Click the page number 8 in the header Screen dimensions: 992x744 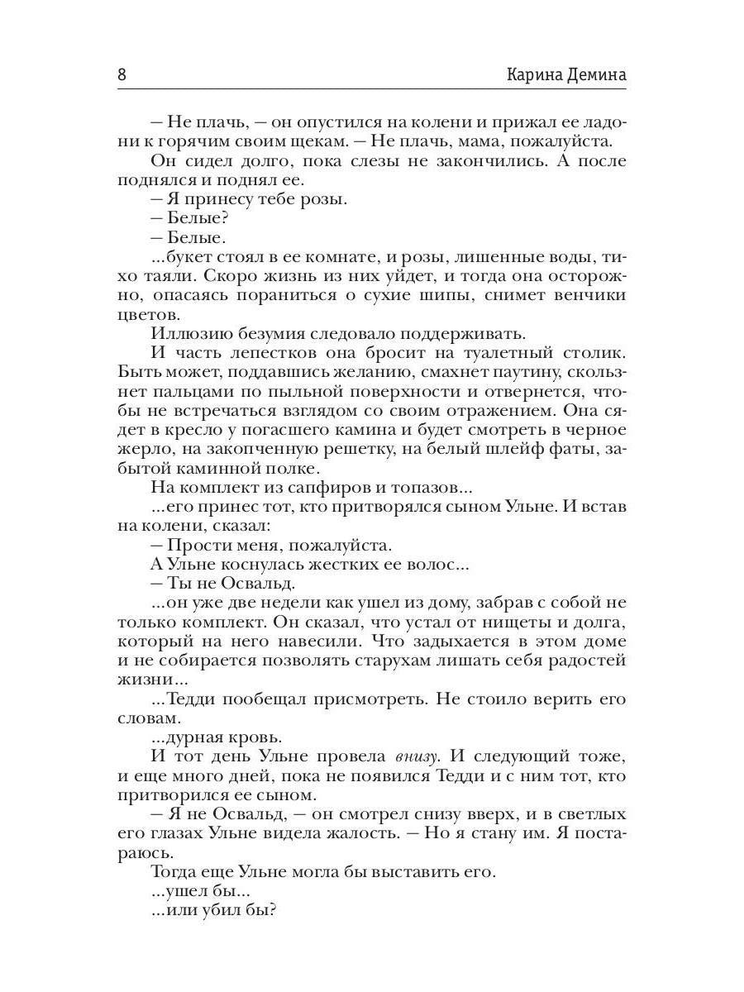[x=122, y=74]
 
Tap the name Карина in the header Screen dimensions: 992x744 [x=534, y=74]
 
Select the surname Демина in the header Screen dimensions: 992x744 [x=596, y=74]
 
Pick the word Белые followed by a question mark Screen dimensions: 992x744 [x=198, y=219]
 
